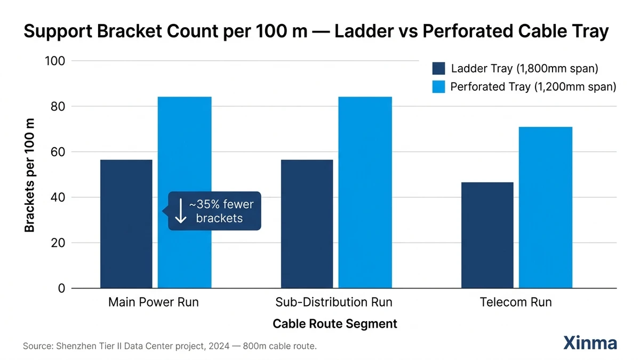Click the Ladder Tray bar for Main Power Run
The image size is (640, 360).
pos(126,224)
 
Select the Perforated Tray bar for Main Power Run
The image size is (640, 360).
pos(185,193)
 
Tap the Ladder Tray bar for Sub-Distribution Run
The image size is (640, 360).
pos(307,224)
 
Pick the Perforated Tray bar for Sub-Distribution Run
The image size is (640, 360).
pos(365,193)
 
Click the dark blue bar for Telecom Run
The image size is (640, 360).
pos(487,235)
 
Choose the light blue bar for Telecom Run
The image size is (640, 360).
pos(545,207)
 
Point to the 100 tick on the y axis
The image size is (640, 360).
pos(54,61)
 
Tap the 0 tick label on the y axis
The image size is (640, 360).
pos(61,289)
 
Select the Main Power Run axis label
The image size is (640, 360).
pos(153,302)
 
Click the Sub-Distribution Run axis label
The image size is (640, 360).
pos(334,302)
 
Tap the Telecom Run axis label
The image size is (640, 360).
pos(516,302)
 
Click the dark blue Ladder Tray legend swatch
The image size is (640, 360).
pos(438,69)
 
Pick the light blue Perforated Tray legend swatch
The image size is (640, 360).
pos(438,87)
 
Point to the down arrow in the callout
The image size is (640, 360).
pos(180,211)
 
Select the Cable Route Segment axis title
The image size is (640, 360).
pos(334,324)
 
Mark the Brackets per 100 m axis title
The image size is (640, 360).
pos(30,175)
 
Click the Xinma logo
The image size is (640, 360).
pos(590,343)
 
